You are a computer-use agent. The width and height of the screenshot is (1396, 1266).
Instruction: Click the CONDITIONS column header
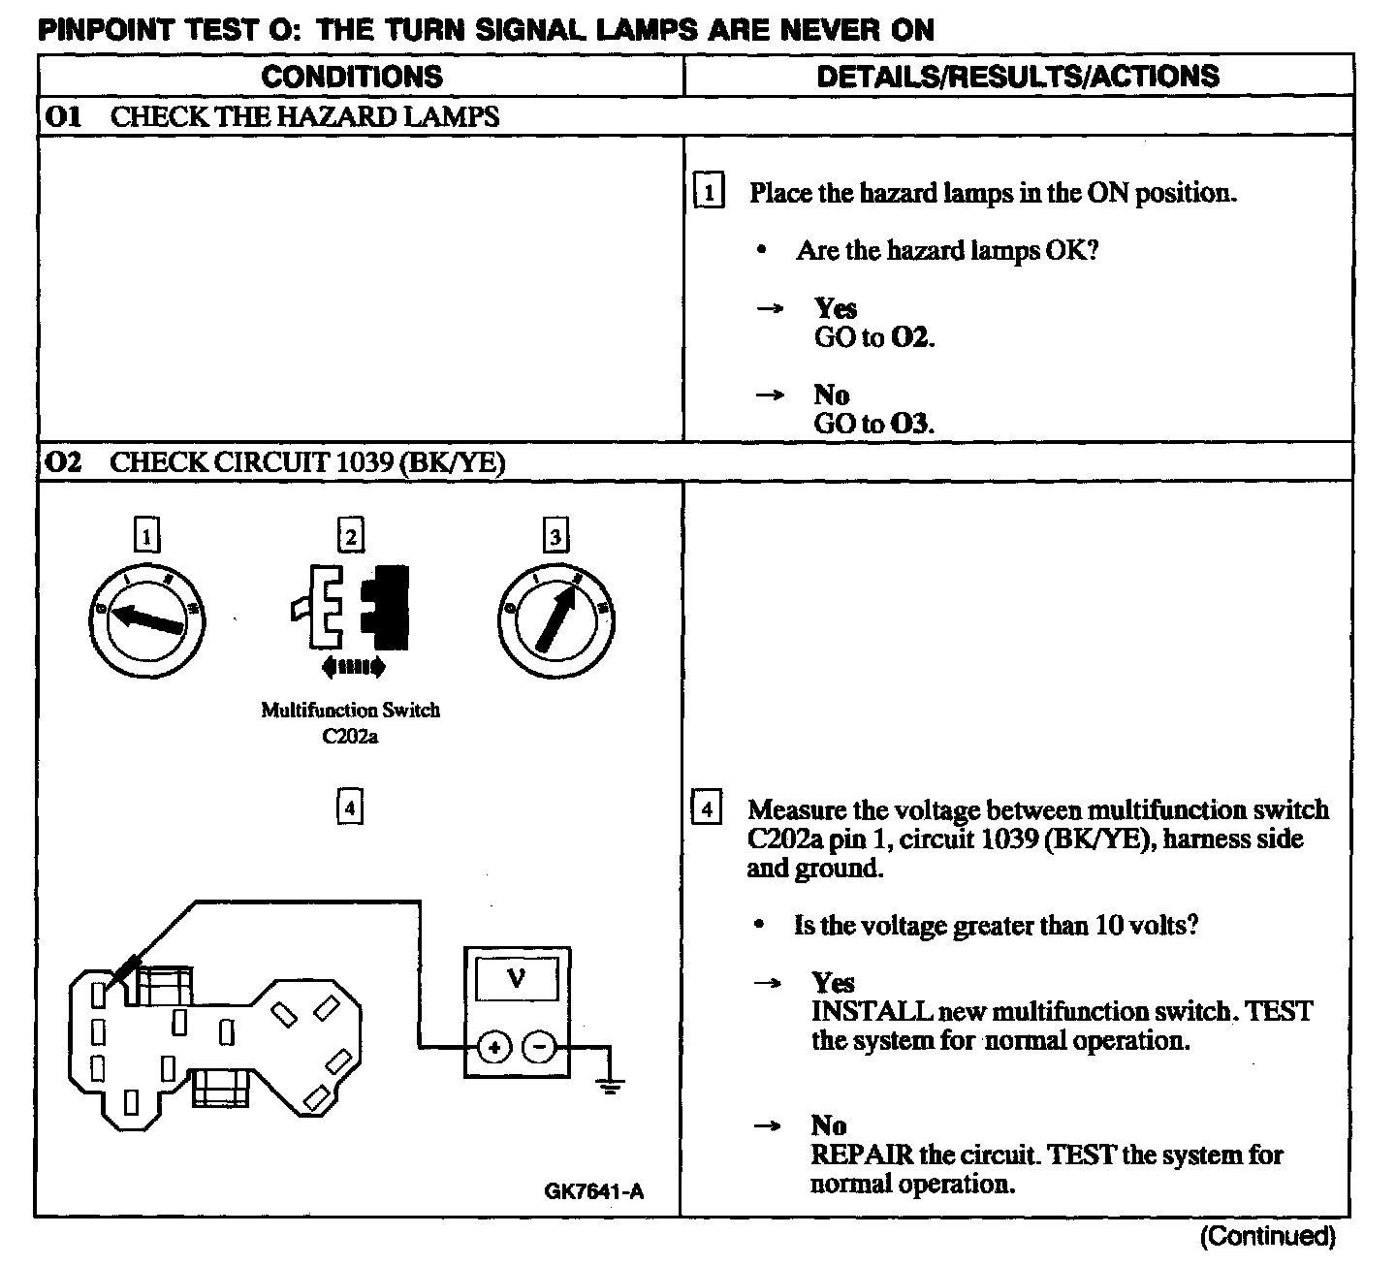[352, 77]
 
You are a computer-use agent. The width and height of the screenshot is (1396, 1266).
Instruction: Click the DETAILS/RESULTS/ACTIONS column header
[1018, 77]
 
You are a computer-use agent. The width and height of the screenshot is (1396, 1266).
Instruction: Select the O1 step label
[63, 117]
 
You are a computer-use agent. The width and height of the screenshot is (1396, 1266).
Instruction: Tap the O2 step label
[63, 462]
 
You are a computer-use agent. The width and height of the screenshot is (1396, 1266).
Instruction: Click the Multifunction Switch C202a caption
[350, 723]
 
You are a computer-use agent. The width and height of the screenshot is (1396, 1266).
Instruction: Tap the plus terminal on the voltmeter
[494, 1047]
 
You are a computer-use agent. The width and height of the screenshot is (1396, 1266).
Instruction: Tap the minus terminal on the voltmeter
[540, 1047]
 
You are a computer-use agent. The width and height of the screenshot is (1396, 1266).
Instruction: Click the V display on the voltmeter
[516, 979]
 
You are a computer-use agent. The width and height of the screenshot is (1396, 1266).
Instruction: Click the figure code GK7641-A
[593, 1191]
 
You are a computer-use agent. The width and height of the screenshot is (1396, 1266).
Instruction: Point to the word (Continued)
[1267, 1236]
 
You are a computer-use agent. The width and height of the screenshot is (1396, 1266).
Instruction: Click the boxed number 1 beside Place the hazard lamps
[709, 192]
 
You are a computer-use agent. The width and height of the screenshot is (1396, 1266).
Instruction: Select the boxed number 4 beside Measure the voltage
[707, 808]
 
